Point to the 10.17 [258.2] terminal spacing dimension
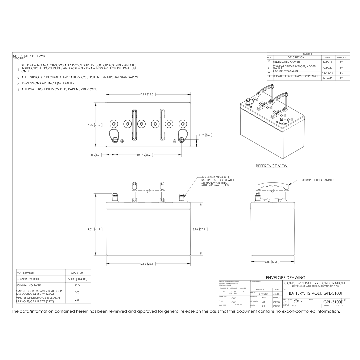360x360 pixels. (x=144, y=155)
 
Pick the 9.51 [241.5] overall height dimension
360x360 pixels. (x=94, y=229)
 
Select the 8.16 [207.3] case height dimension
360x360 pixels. (x=200, y=229)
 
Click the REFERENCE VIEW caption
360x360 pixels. (x=271, y=166)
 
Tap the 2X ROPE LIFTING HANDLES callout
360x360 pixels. (x=317, y=180)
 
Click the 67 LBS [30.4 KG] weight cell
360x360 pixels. (x=77, y=279)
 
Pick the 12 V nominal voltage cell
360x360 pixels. (x=77, y=286)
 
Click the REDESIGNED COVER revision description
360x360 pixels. (x=286, y=62)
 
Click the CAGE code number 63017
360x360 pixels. (x=297, y=301)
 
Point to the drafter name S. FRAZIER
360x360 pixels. (x=263, y=294)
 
